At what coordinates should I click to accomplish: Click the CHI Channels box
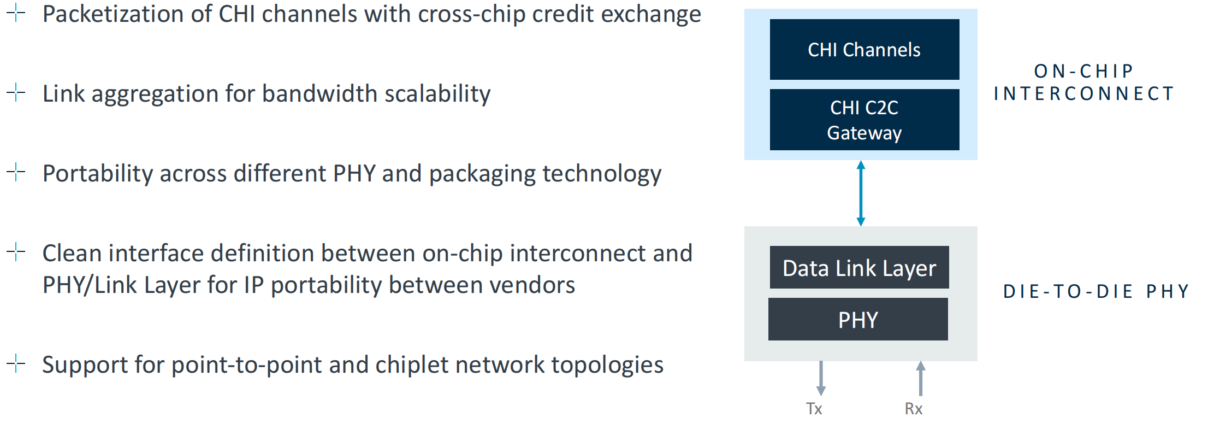(x=864, y=50)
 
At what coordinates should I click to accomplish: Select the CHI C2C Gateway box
(x=864, y=120)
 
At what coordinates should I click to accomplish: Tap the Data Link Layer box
(x=859, y=268)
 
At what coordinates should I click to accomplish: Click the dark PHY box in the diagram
(x=858, y=320)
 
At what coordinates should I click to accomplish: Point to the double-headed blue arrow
(x=861, y=193)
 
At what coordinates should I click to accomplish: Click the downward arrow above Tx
(x=821, y=378)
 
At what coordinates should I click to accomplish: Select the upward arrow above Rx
(x=921, y=378)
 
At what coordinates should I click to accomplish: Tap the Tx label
(x=814, y=409)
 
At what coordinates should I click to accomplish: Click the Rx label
(x=913, y=409)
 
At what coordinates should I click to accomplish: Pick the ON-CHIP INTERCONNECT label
(x=1084, y=83)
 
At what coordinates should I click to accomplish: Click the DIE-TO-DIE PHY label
(x=1096, y=291)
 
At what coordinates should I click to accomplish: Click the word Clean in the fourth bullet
(x=71, y=254)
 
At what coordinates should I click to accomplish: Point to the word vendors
(x=532, y=285)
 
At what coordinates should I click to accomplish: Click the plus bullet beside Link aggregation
(x=16, y=92)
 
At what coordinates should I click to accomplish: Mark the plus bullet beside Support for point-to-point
(x=16, y=363)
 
